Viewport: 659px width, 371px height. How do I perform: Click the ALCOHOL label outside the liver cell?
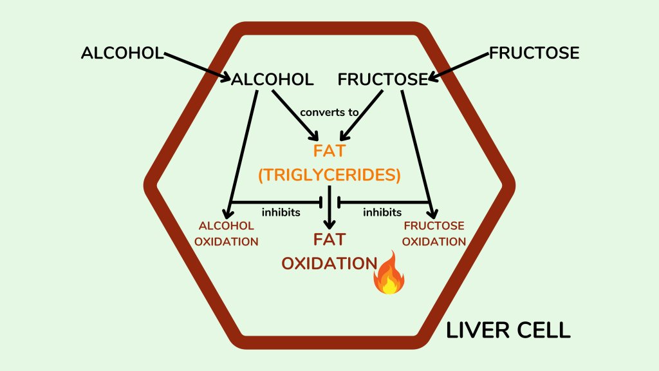coord(122,53)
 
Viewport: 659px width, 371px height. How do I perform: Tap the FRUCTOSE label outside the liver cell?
coord(534,53)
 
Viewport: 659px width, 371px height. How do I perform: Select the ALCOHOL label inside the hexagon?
coord(272,79)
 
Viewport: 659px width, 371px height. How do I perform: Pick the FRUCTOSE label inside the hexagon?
coord(383,79)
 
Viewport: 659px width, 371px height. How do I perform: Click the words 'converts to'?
coord(329,112)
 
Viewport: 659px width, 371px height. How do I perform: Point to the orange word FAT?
coord(329,153)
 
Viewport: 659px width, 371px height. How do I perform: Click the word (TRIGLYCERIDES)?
coord(329,175)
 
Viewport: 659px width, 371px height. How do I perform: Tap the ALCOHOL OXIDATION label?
coord(228,234)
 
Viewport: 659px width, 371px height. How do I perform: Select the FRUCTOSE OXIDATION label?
coord(434,234)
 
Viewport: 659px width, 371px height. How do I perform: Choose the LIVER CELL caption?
coord(508,330)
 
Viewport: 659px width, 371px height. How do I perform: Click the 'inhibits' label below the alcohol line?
coord(281,212)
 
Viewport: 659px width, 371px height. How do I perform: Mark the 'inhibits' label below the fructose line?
coord(382,212)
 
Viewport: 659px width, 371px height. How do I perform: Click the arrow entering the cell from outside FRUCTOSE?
coord(460,66)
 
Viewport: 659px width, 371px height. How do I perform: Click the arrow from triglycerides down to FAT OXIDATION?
coord(329,209)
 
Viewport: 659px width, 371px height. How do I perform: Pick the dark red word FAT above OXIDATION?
coord(329,240)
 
